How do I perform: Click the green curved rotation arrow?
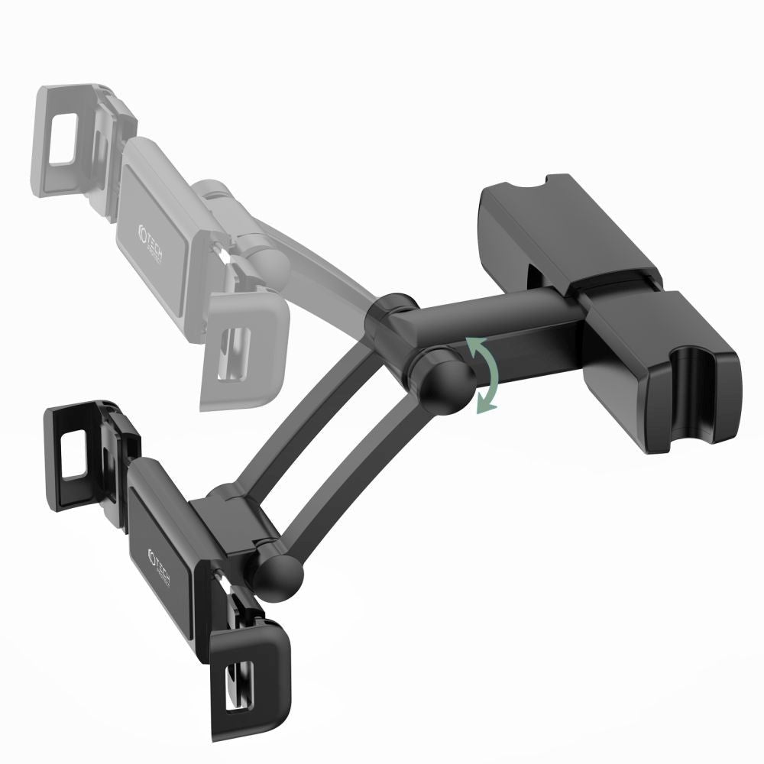[x=485, y=377]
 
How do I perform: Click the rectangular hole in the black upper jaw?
[x=76, y=454]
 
